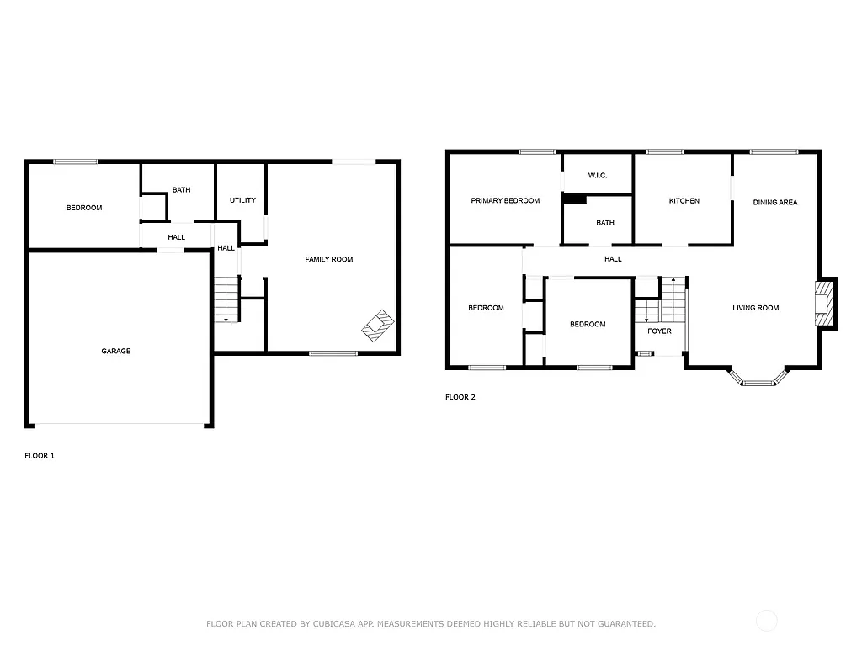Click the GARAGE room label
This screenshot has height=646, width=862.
116,351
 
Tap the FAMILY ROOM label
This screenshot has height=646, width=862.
328,259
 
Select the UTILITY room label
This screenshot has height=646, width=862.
242,200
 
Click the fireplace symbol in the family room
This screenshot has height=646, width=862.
378,326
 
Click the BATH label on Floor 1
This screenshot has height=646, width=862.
181,190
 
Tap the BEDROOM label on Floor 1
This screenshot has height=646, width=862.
84,208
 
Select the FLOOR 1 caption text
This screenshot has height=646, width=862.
40,456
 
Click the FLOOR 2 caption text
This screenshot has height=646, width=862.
460,397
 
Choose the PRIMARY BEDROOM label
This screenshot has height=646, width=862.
505,200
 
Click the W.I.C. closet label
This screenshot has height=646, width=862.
597,175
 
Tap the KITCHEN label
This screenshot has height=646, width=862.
684,201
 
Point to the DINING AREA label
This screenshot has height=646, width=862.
775,202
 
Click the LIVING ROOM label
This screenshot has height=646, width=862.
755,308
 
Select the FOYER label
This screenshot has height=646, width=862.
659,331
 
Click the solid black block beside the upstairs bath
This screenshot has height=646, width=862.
574,199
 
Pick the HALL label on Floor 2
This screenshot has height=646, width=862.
613,259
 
